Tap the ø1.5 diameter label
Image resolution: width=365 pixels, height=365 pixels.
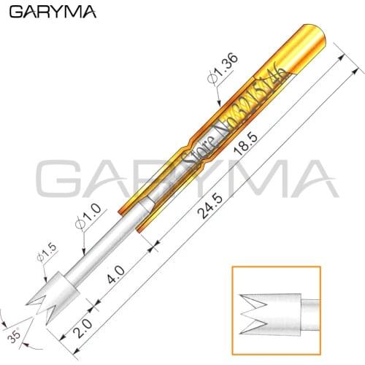[x=45, y=260]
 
